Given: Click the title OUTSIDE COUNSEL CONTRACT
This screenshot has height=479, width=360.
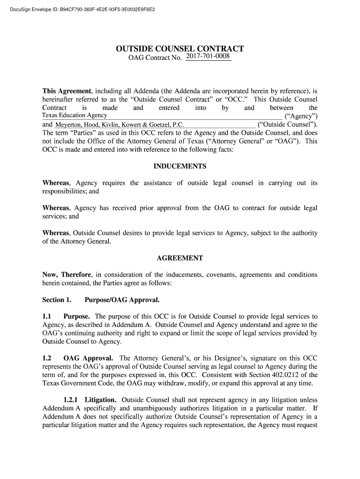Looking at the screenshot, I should [x=180, y=49].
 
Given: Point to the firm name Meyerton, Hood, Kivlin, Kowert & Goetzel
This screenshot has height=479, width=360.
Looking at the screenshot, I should [x=120, y=125].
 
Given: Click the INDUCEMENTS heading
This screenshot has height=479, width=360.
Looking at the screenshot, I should [x=180, y=167].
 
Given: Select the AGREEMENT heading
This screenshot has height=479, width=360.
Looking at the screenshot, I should [x=180, y=258].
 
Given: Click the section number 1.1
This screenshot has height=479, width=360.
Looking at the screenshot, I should [x=47, y=316].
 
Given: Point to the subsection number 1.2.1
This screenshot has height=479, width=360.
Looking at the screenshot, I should [x=71, y=400].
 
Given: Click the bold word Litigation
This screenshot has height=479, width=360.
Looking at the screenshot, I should [x=101, y=400].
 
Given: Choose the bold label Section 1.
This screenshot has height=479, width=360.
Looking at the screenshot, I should [x=57, y=299].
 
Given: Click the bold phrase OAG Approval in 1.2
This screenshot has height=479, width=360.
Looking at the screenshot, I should [x=88, y=358].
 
